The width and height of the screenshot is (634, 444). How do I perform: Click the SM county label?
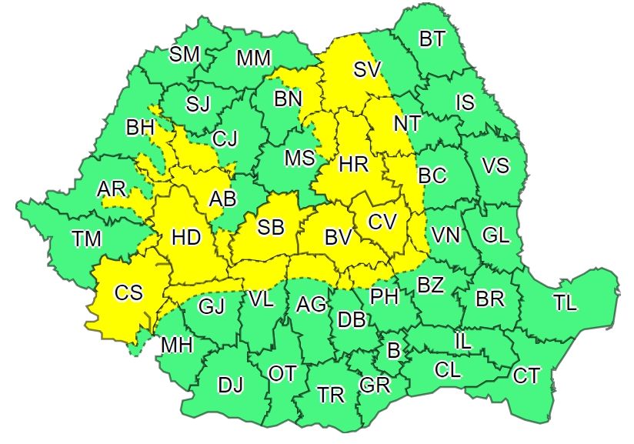[184, 54]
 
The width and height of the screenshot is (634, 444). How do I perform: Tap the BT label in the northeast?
[432, 39]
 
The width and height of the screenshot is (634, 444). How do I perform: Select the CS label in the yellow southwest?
[128, 293]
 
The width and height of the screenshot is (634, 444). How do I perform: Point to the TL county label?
[565, 303]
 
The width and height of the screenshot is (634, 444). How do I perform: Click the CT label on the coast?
[526, 376]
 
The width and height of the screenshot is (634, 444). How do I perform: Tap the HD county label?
[185, 238]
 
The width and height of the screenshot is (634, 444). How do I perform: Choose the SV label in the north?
[367, 69]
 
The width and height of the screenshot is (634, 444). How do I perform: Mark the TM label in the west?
[87, 239]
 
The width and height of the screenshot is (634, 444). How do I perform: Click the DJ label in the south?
[230, 385]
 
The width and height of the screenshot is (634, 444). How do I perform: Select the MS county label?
[299, 158]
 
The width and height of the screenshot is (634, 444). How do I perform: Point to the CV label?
[382, 222]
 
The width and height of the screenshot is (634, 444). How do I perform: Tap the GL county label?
[496, 235]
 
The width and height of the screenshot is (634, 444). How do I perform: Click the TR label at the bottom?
[331, 396]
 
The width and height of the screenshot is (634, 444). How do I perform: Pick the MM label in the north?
[253, 58]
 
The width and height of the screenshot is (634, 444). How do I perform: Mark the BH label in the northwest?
[140, 128]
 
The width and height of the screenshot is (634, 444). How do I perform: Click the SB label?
[270, 227]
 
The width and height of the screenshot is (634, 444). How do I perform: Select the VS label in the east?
[495, 165]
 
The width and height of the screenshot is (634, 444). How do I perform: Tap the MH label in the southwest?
[176, 346]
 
